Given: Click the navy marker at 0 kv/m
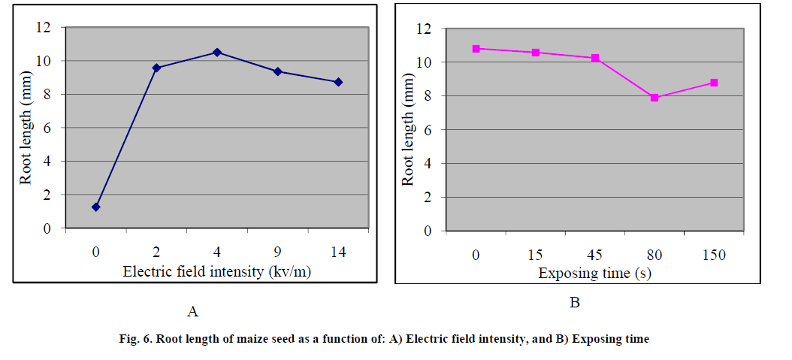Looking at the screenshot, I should (x=96, y=207).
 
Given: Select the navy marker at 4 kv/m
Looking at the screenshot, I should (x=217, y=52).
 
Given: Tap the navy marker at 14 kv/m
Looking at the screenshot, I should (x=338, y=82).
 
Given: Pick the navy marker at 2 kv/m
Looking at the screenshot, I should (x=156, y=68).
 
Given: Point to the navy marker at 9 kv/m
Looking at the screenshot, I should (x=278, y=71).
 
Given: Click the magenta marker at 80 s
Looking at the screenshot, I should (x=654, y=98).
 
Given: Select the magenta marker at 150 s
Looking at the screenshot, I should (x=714, y=83).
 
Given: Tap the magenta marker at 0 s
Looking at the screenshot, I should (x=476, y=49).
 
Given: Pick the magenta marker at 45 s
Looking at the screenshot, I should (x=595, y=58).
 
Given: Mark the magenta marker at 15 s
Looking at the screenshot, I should (x=536, y=53).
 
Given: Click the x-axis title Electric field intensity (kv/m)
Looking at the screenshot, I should (x=217, y=272).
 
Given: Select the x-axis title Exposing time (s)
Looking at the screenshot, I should (x=594, y=274).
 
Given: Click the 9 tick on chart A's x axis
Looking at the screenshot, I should (x=278, y=253).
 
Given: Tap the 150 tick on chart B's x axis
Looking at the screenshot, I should (x=714, y=255).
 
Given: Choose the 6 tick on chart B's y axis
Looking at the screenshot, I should (x=427, y=129).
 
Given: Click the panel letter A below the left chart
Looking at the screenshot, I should (x=193, y=310).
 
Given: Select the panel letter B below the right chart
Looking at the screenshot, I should (x=575, y=303).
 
